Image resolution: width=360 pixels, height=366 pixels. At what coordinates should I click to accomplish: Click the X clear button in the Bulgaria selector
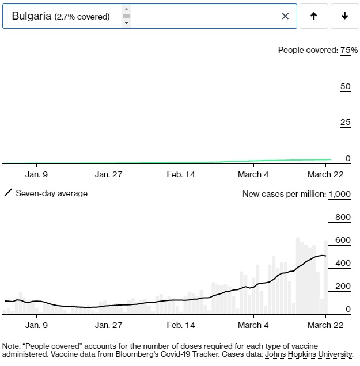pyautogui.click(x=285, y=16)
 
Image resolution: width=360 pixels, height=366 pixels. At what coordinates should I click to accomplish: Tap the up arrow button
pyautogui.click(x=313, y=16)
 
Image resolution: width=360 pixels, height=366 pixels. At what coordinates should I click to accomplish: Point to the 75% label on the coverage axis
pyautogui.click(x=349, y=50)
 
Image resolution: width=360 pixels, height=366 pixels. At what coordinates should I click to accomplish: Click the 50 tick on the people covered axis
pyautogui.click(x=345, y=86)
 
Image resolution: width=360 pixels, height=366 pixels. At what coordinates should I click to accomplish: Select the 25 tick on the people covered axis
pyautogui.click(x=345, y=122)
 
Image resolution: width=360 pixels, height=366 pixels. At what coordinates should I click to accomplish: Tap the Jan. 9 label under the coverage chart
pyautogui.click(x=37, y=174)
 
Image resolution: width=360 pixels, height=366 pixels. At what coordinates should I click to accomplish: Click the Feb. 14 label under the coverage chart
pyautogui.click(x=181, y=174)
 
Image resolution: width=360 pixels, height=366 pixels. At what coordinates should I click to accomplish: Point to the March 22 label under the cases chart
pyautogui.click(x=325, y=325)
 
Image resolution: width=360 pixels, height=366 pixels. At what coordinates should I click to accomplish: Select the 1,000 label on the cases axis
pyautogui.click(x=339, y=194)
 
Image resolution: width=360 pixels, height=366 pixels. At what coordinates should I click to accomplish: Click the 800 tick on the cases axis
pyautogui.click(x=343, y=217)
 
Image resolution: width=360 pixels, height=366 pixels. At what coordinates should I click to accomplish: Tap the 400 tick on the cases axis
pyautogui.click(x=343, y=263)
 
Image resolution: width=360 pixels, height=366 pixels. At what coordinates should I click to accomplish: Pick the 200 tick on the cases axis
pyautogui.click(x=343, y=286)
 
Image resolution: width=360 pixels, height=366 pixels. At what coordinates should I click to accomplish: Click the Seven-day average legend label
pyautogui.click(x=51, y=193)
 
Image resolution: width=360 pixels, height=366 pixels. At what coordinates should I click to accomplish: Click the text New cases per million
pyautogui.click(x=283, y=194)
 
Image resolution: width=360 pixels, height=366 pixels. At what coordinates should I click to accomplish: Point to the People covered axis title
pyautogui.click(x=307, y=50)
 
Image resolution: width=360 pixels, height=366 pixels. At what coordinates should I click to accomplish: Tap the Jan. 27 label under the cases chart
pyautogui.click(x=109, y=325)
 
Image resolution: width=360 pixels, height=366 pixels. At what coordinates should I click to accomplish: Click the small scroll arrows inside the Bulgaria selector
pyautogui.click(x=127, y=16)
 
